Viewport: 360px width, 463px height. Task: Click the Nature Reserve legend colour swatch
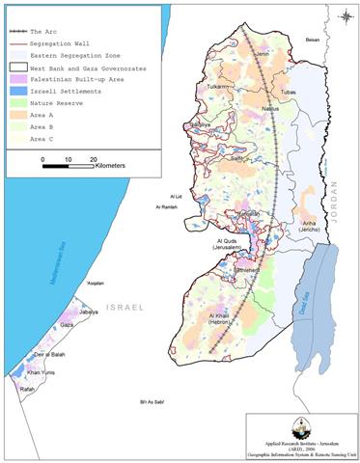(22, 98)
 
